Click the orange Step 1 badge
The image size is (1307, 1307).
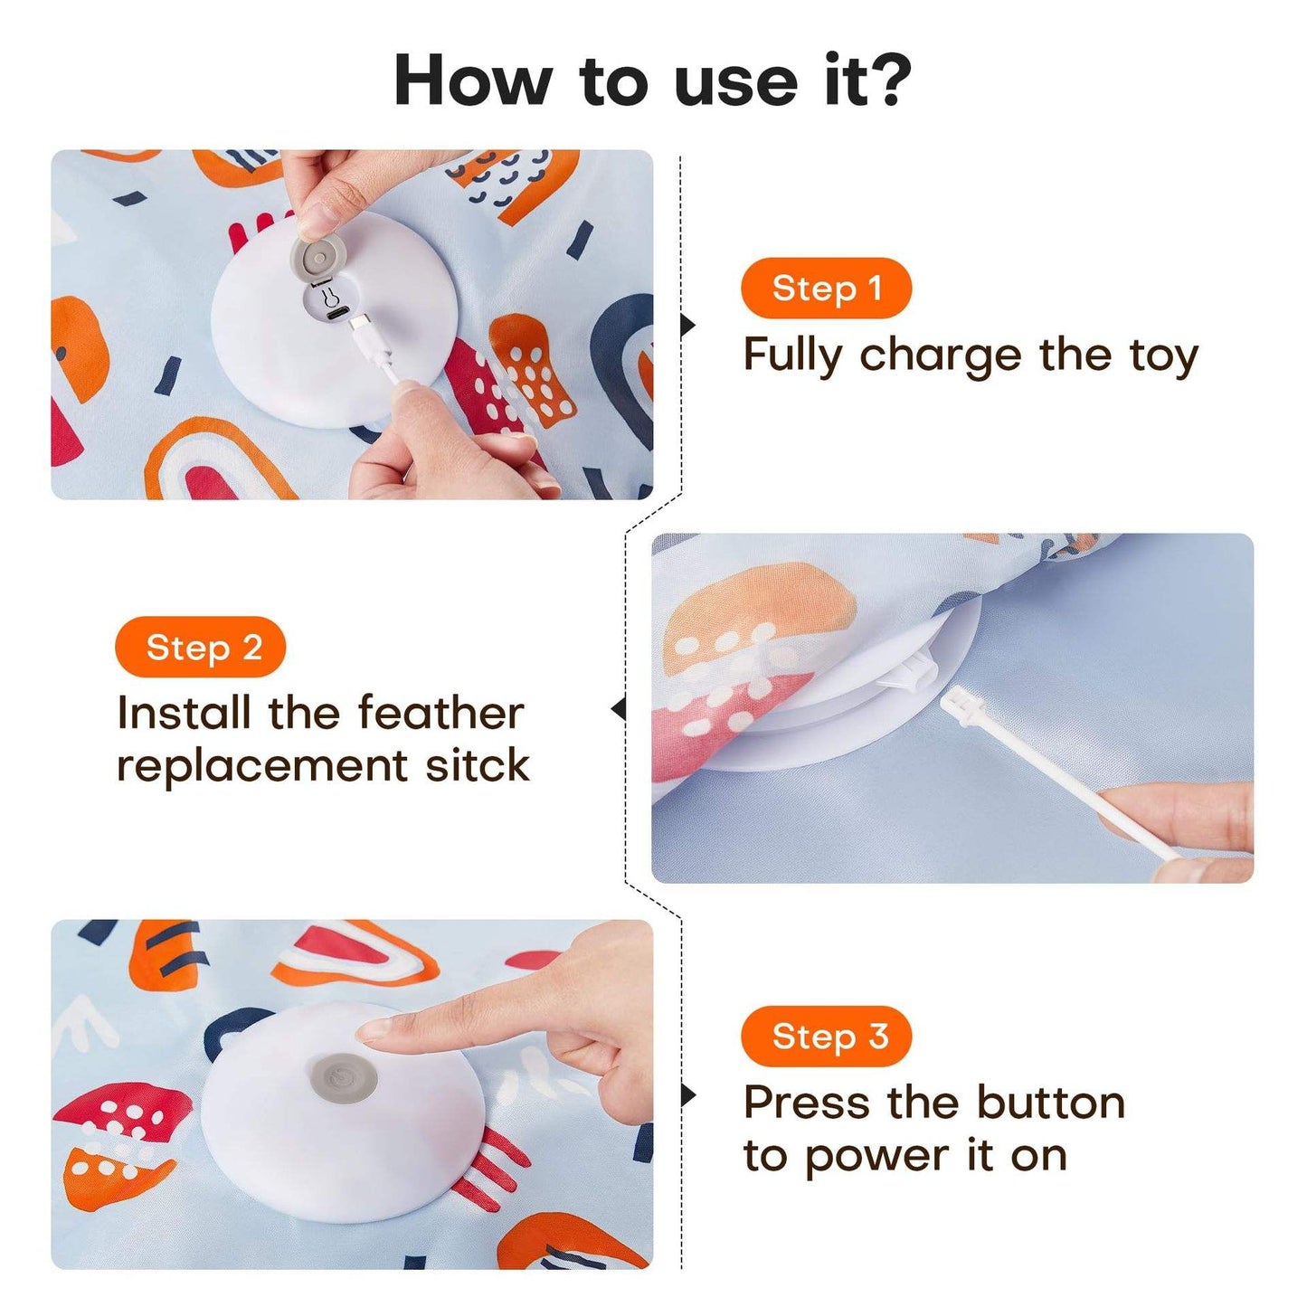(825, 289)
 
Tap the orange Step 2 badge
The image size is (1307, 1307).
(201, 648)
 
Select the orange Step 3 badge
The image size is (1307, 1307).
(825, 1037)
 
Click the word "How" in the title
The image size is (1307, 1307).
(472, 81)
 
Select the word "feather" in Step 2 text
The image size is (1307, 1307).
(440, 714)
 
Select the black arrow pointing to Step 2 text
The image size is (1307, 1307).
(619, 709)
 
